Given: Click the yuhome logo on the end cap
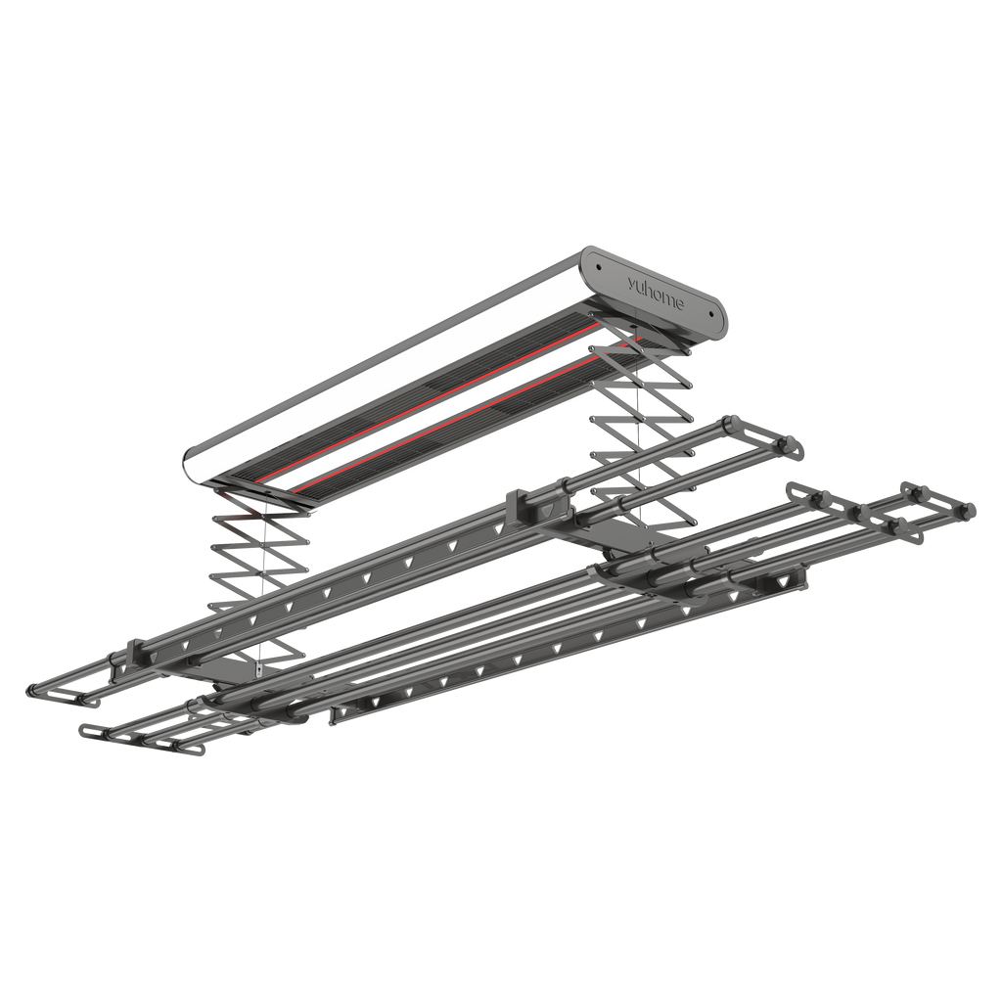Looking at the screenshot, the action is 655,293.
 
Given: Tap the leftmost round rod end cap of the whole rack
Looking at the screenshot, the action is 31,690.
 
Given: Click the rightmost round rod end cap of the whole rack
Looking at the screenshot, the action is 970,509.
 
